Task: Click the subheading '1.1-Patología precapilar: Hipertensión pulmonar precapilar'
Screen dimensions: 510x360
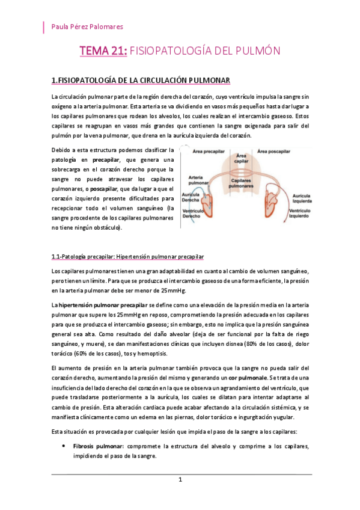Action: point(128,257)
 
